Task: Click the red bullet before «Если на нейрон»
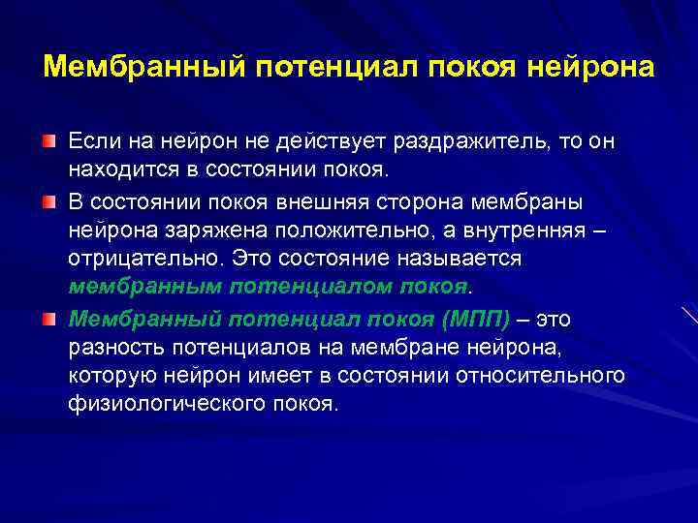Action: (x=48, y=142)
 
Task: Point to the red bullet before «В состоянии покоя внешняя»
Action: (x=48, y=200)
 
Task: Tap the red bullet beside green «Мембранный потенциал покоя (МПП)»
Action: (x=48, y=319)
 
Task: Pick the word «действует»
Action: (x=337, y=142)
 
